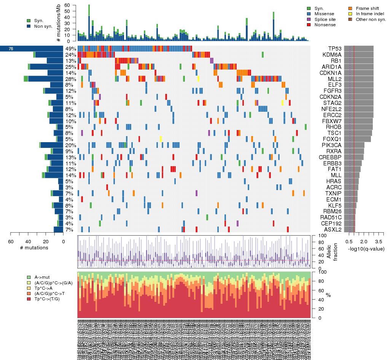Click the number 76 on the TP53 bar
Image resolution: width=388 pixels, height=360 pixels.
(11, 49)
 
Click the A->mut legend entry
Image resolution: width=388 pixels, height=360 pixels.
(42, 278)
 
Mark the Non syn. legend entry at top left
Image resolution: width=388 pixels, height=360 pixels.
(43, 26)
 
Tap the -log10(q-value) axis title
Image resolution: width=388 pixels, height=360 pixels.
(366, 249)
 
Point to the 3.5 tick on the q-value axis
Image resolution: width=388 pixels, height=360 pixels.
(378, 241)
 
